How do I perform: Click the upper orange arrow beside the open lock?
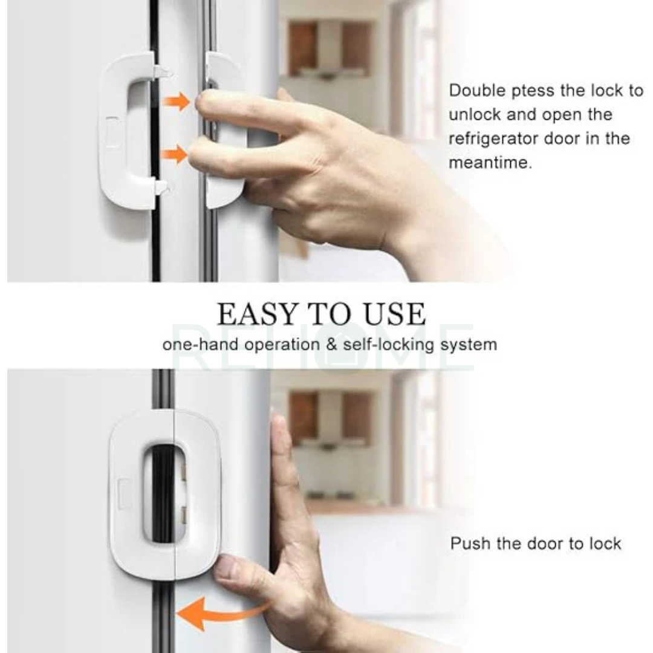click(177, 101)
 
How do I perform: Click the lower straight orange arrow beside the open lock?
click(175, 154)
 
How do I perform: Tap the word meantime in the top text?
click(490, 163)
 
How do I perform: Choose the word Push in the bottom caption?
click(470, 543)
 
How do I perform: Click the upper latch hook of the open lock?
click(162, 72)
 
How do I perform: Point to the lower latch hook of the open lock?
click(162, 187)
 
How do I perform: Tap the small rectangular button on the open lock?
click(112, 131)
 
